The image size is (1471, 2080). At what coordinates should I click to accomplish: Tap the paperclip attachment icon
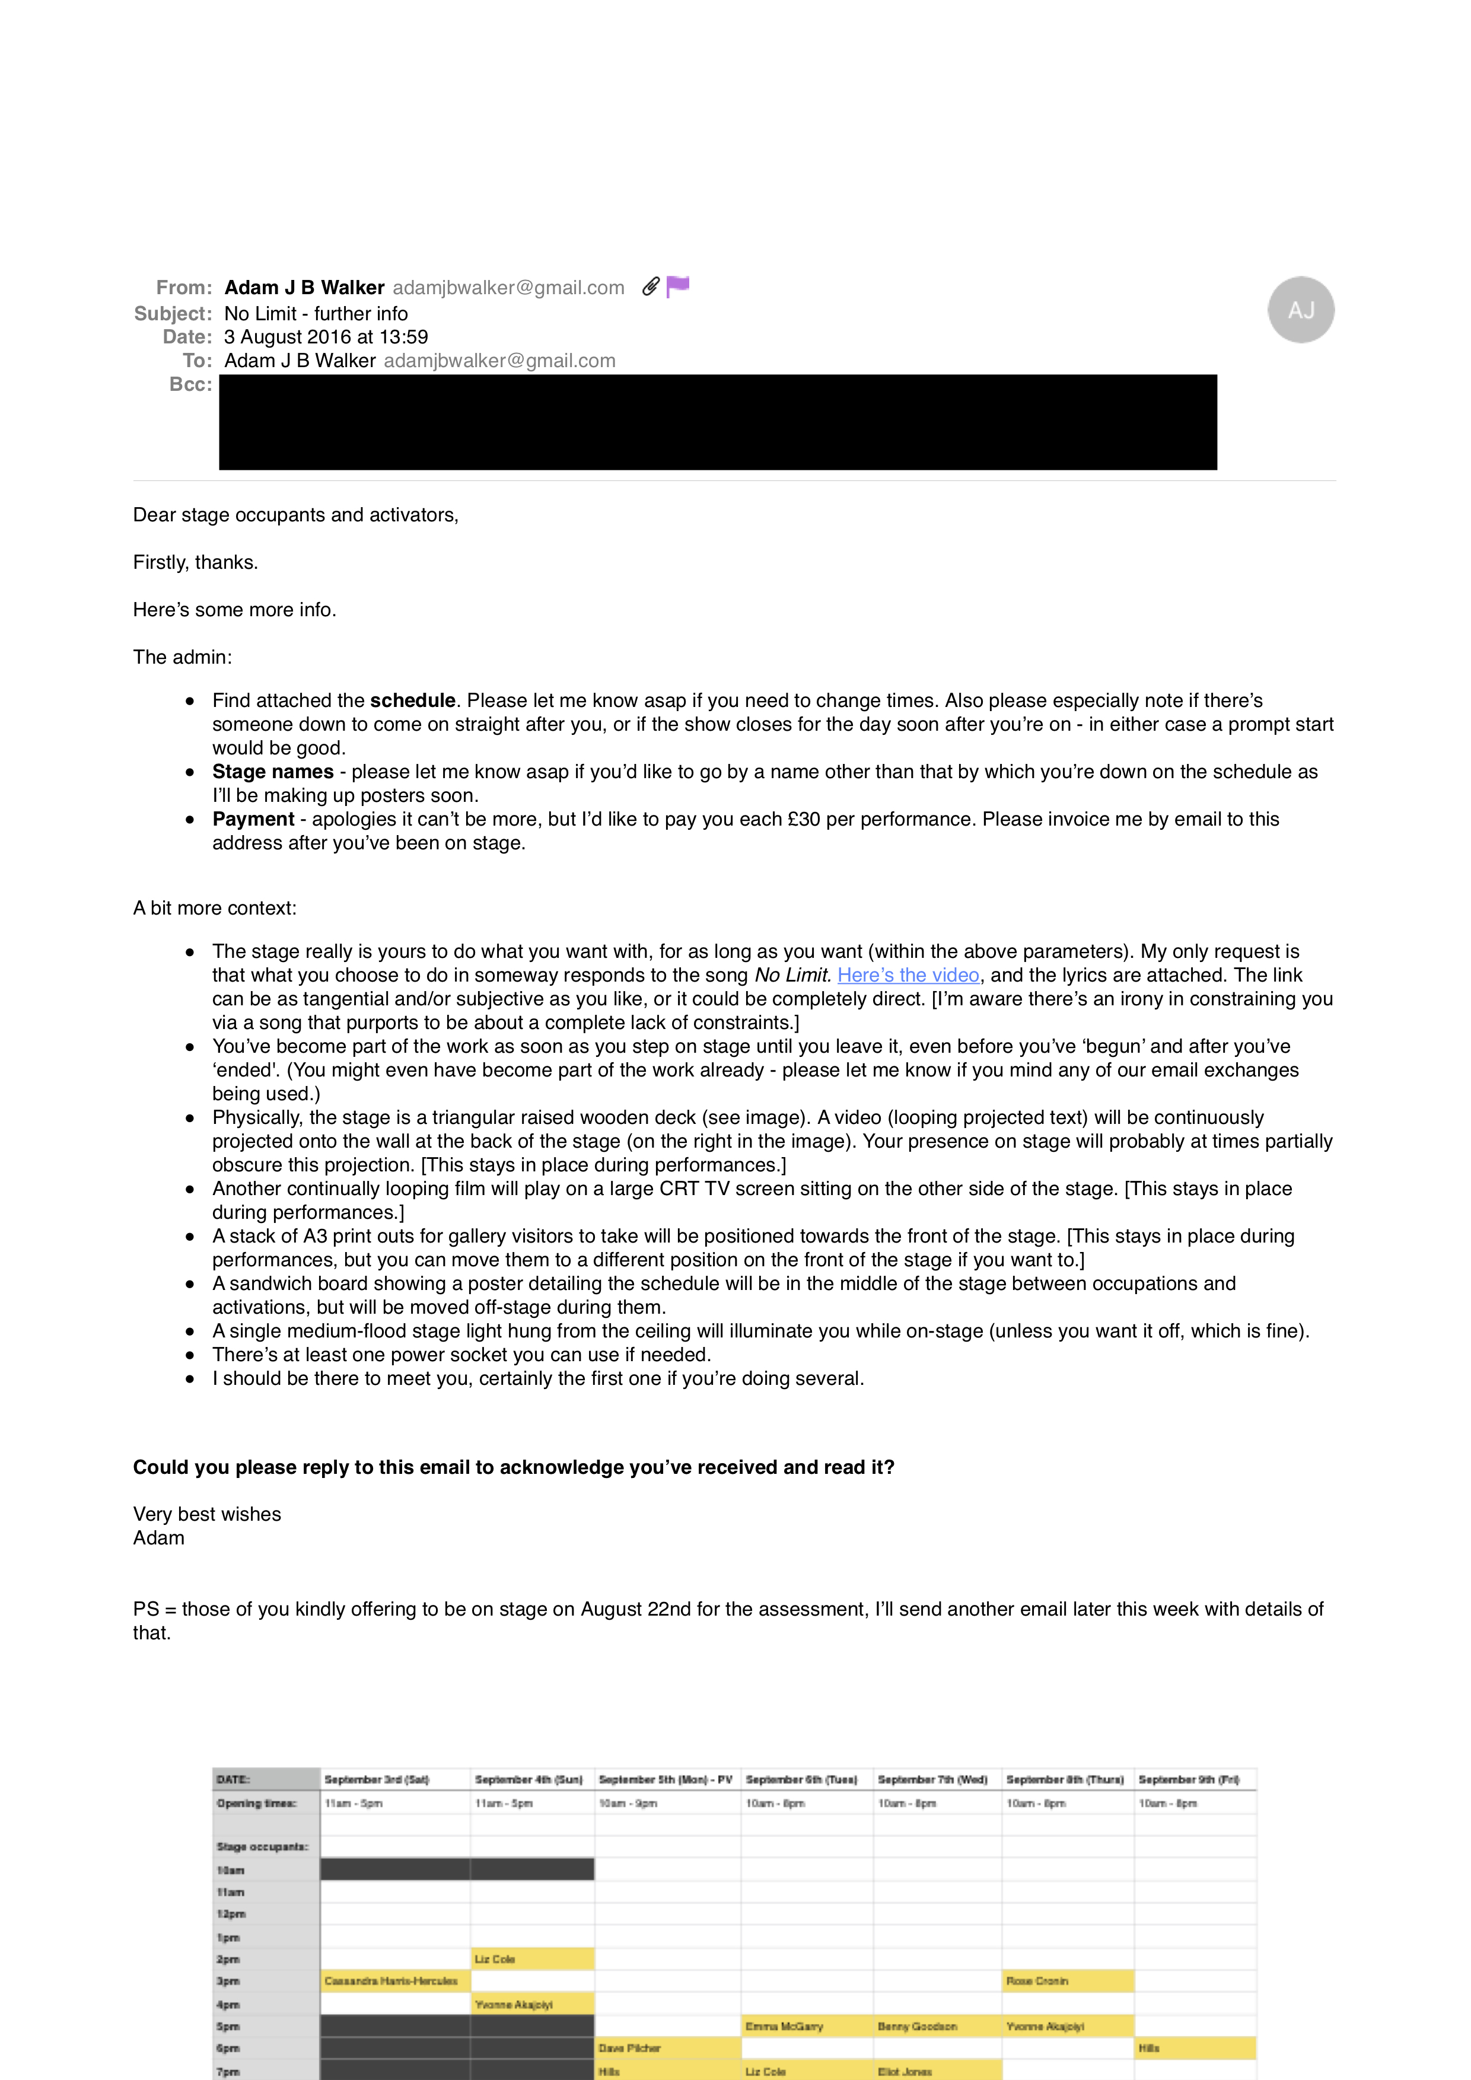pyautogui.click(x=650, y=287)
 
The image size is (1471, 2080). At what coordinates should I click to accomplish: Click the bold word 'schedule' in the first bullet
pyautogui.click(x=412, y=700)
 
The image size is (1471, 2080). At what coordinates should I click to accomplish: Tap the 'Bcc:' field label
pyautogui.click(x=190, y=384)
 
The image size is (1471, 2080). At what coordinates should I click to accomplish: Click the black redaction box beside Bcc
pyautogui.click(x=717, y=422)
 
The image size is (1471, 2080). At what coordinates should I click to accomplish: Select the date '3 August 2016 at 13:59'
pyautogui.click(x=326, y=337)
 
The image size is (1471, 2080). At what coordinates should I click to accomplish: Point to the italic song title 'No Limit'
pyautogui.click(x=792, y=975)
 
